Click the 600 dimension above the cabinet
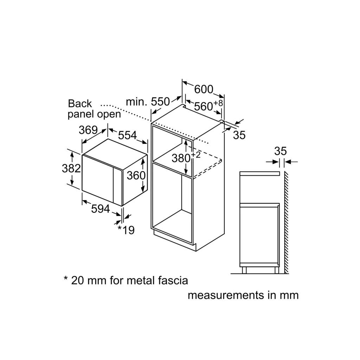204,90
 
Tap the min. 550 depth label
148,102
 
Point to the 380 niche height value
181,158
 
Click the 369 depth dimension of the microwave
88,130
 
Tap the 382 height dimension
71,168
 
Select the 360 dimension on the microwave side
136,175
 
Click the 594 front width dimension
101,209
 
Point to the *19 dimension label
126,230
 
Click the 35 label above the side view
281,151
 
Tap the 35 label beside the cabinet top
239,135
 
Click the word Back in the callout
80,104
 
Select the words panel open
94,114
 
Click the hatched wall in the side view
287,221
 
